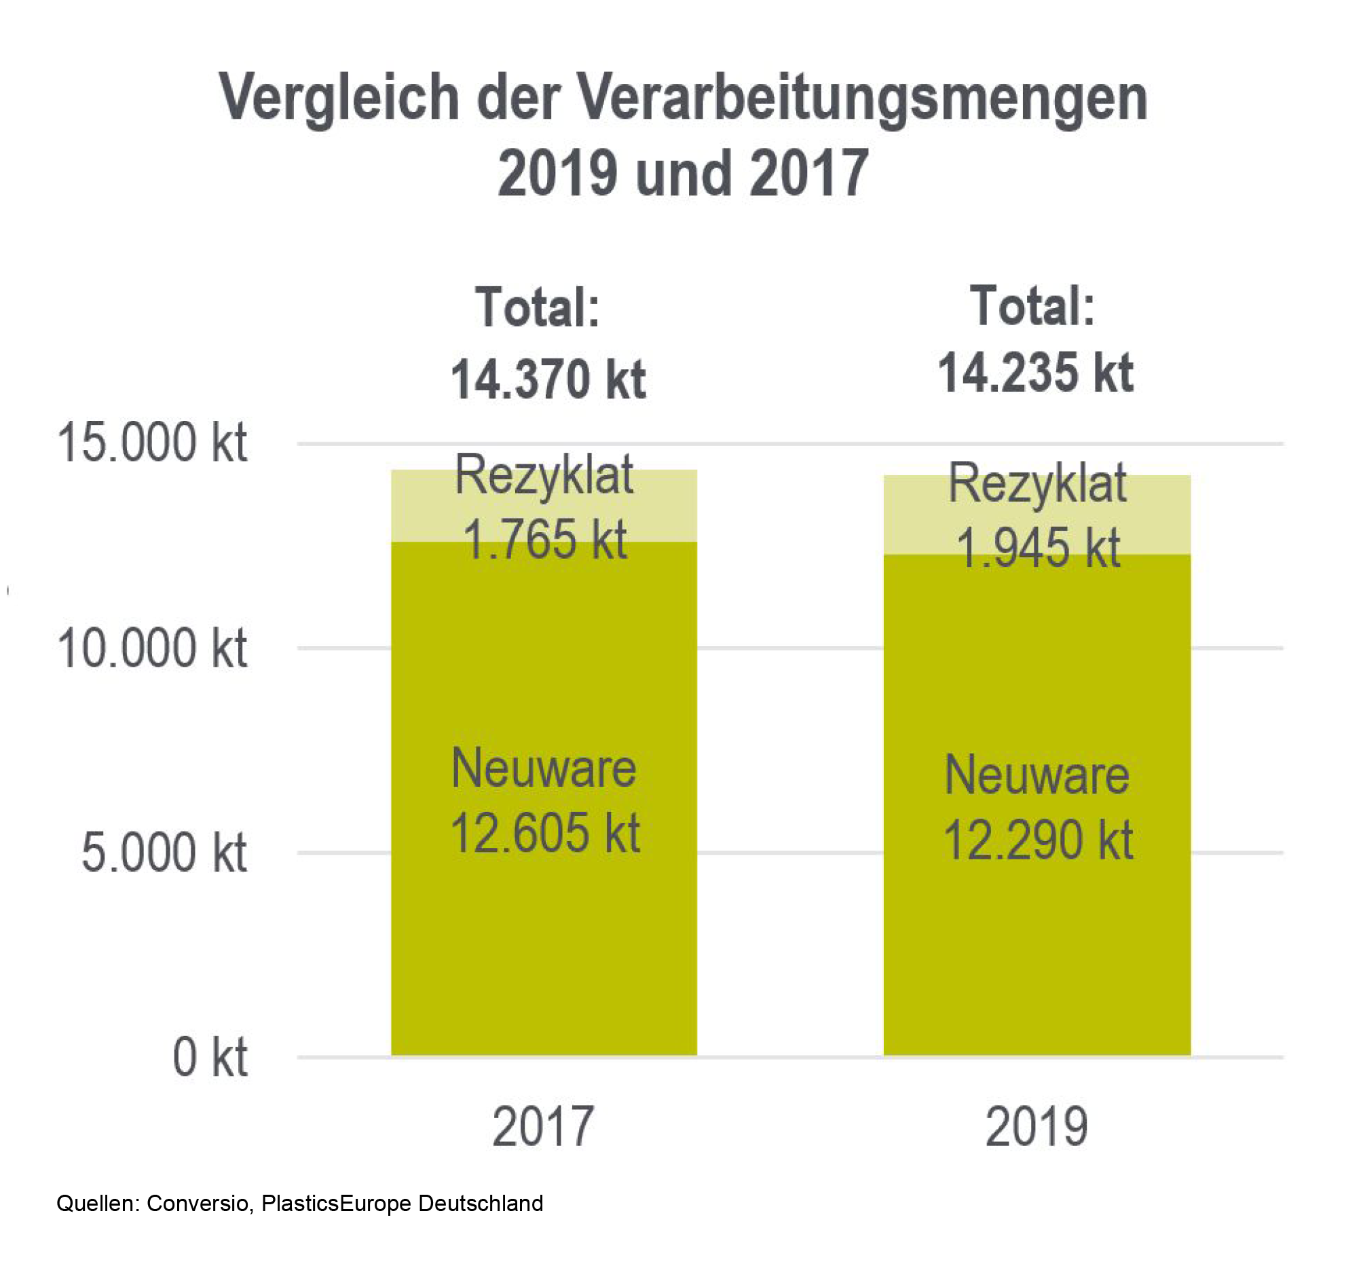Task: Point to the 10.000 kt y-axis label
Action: (151, 648)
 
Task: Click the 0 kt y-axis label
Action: (209, 1058)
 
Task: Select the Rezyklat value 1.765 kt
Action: (545, 540)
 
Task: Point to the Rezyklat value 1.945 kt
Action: (1037, 548)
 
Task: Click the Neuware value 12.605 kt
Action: (544, 833)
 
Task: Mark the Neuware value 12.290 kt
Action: (1037, 840)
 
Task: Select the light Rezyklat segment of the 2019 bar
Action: (912, 515)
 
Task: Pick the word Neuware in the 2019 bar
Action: (1036, 775)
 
